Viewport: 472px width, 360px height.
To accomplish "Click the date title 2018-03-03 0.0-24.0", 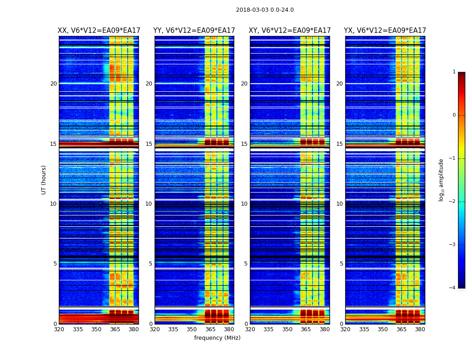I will [265, 10].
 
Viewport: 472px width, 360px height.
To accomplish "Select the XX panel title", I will [99, 31].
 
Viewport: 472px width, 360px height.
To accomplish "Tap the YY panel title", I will [194, 31].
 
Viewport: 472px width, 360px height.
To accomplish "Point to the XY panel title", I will [290, 31].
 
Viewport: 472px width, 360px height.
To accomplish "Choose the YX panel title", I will [385, 31].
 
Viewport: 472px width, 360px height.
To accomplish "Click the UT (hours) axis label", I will [44, 180].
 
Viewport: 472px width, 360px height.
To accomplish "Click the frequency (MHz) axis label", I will [217, 338].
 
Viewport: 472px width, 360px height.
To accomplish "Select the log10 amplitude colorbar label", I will [441, 180].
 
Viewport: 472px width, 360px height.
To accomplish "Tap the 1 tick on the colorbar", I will [454, 72].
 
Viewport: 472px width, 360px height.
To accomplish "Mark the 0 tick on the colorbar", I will [454, 115].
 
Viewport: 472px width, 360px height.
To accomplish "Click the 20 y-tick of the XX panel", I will [53, 84].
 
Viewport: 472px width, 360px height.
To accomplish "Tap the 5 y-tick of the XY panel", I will [245, 264].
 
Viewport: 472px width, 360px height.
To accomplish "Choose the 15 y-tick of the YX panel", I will [339, 144].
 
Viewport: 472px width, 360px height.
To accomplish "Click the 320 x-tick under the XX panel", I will [59, 329].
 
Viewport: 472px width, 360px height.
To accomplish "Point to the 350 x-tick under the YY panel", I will [192, 329].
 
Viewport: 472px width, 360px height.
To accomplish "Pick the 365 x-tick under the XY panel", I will [306, 329].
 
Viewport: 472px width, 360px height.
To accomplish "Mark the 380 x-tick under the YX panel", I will [420, 329].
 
